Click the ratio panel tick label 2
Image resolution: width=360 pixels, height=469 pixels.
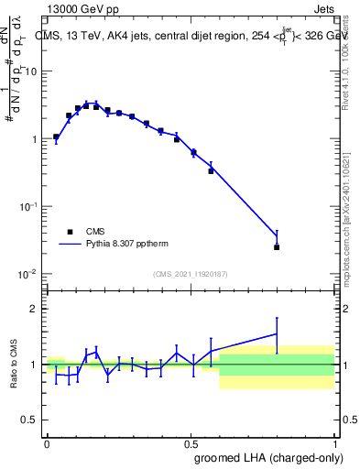[35, 309]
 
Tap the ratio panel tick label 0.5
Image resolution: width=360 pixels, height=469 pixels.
[31, 420]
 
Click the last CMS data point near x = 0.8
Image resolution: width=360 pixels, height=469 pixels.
[277, 246]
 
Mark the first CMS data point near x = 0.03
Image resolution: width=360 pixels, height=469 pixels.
[56, 136]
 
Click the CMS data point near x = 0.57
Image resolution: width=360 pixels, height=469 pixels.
[211, 170]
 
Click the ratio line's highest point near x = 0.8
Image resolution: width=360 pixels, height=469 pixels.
[277, 333]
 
